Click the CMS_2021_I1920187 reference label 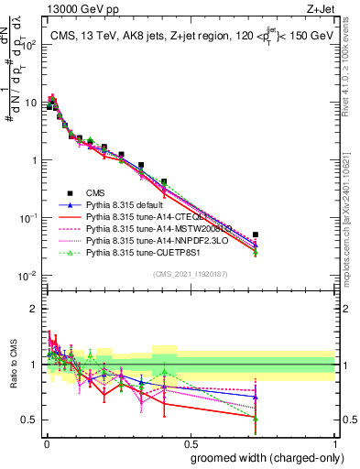pyautogui.click(x=189, y=273)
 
